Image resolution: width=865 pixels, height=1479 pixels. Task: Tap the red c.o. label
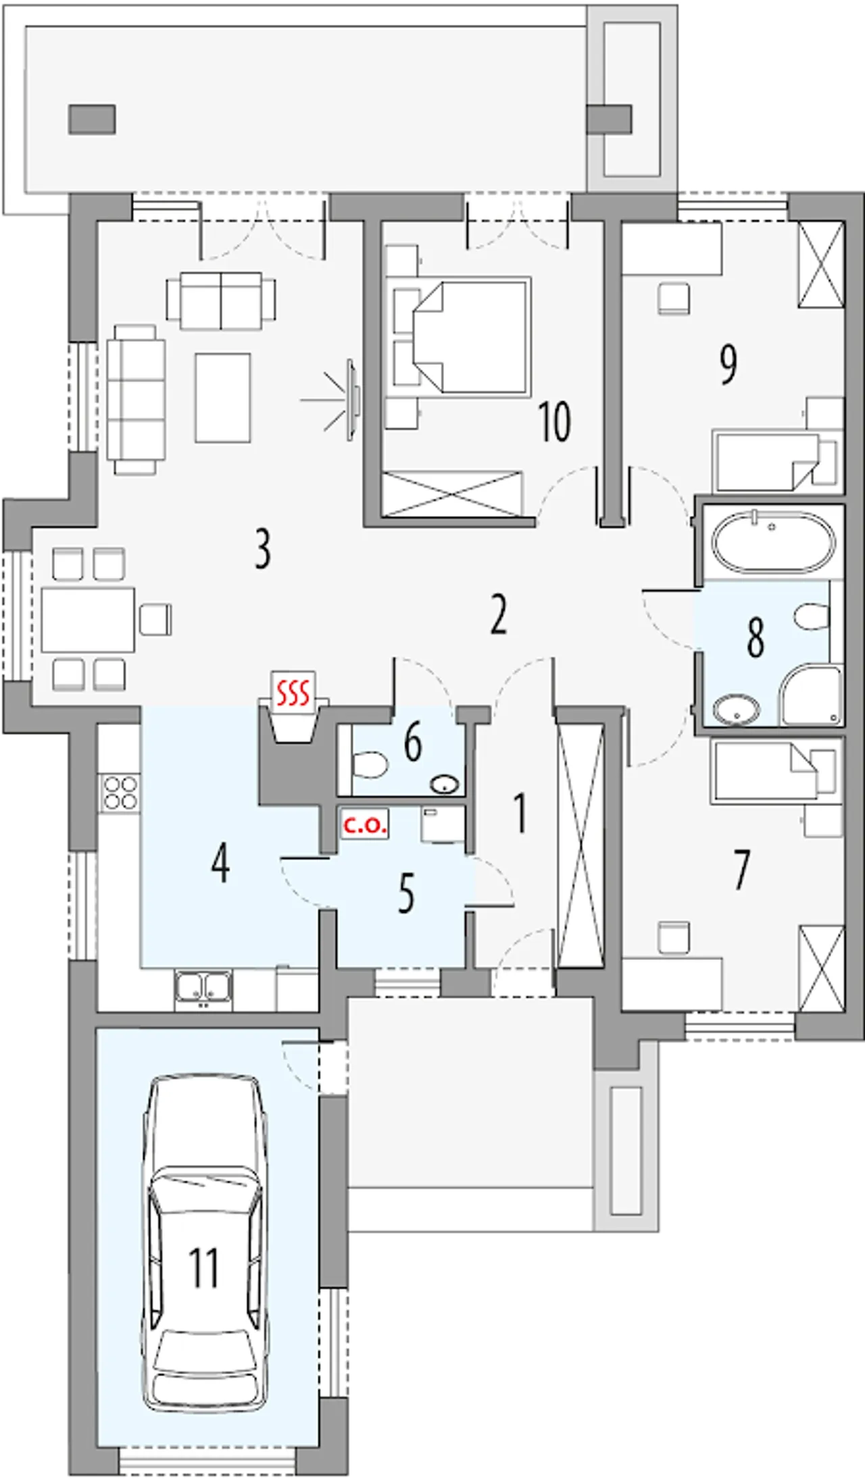pyautogui.click(x=365, y=824)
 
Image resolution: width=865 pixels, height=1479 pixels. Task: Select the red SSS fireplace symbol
pyautogui.click(x=294, y=692)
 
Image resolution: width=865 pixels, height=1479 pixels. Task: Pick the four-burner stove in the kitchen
pyautogui.click(x=120, y=793)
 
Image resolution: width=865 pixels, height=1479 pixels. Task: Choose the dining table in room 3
pyautogui.click(x=88, y=619)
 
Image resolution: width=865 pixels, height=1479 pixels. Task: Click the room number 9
pyautogui.click(x=728, y=365)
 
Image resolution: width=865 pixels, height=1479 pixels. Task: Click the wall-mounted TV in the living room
pyautogui.click(x=352, y=400)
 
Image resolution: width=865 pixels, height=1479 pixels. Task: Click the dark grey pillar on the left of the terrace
pyautogui.click(x=92, y=119)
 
